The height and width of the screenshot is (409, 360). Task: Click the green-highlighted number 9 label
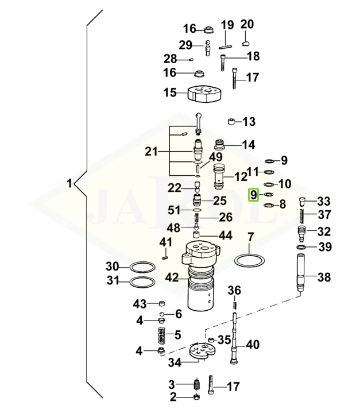(253, 195)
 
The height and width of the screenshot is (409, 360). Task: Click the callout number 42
(172, 277)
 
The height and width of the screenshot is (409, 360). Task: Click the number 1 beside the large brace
(69, 184)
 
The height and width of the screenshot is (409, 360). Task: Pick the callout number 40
(253, 345)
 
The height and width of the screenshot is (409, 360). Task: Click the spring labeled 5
(161, 335)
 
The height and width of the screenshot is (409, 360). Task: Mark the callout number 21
(151, 152)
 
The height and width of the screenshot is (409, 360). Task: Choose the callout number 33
(324, 201)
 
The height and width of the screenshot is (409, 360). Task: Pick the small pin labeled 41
(166, 257)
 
